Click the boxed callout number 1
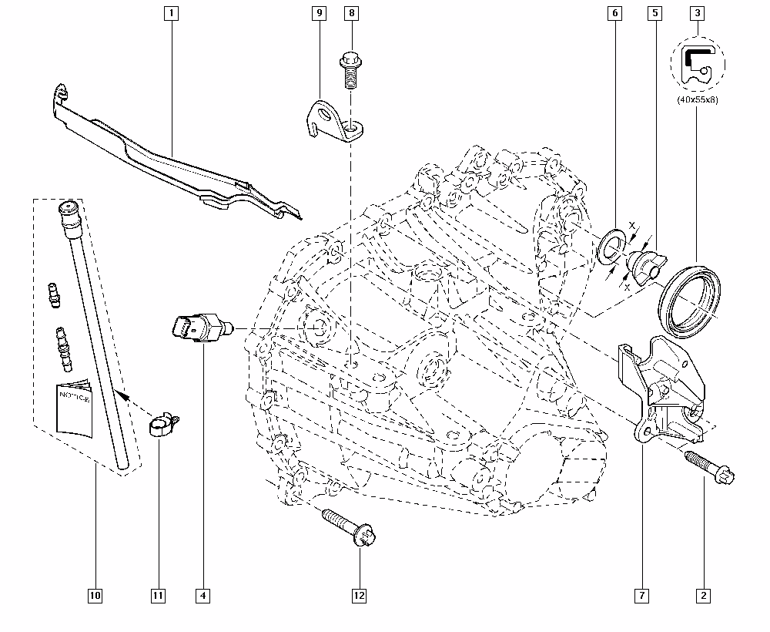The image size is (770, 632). click(172, 13)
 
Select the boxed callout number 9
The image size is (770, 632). click(320, 13)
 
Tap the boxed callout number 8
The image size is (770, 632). click(352, 13)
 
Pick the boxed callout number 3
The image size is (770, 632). click(698, 13)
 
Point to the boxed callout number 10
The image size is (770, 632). click(95, 596)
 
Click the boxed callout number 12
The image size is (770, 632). click(360, 596)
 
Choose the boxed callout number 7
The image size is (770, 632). click(642, 596)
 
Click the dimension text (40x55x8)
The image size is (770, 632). click(698, 99)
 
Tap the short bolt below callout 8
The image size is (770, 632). click(351, 69)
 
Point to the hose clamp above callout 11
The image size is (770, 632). click(163, 425)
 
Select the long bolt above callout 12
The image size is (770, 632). click(349, 528)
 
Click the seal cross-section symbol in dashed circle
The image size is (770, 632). click(698, 65)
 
